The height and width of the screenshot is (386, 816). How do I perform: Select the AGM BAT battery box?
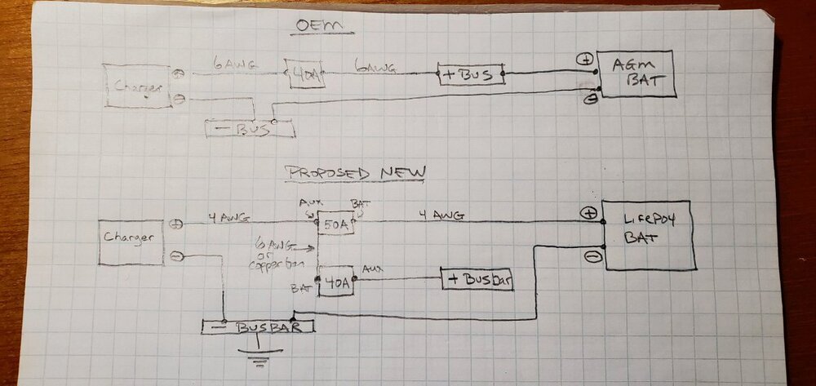pyautogui.click(x=636, y=74)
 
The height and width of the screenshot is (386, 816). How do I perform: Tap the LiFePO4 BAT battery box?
pyautogui.click(x=650, y=234)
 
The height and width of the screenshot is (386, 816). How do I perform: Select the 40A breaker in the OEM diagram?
pyautogui.click(x=303, y=73)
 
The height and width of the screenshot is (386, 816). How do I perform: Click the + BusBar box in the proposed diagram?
pyautogui.click(x=481, y=278)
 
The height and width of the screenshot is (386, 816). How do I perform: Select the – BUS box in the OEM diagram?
pyautogui.click(x=248, y=128)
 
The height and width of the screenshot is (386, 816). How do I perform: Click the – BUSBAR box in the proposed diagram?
pyautogui.click(x=258, y=327)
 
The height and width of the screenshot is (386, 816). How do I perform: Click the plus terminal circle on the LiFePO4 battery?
pyautogui.click(x=590, y=213)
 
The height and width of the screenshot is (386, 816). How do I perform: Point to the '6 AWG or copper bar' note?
pyautogui.click(x=271, y=253)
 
